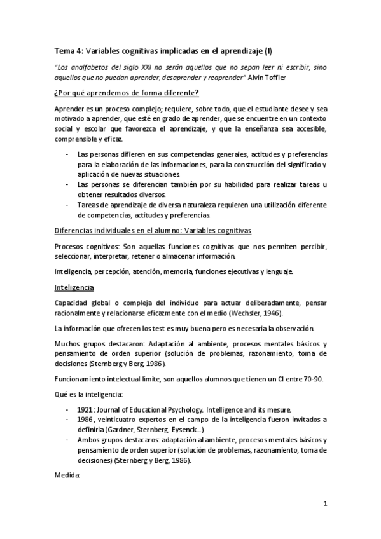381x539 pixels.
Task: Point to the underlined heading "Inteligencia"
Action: coord(73,287)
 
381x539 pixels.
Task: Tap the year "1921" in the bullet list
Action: coord(87,410)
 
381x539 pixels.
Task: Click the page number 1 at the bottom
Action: coord(324,504)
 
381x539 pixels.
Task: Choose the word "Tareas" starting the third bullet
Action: coord(89,205)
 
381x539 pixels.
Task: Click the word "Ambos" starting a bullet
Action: coord(88,439)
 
